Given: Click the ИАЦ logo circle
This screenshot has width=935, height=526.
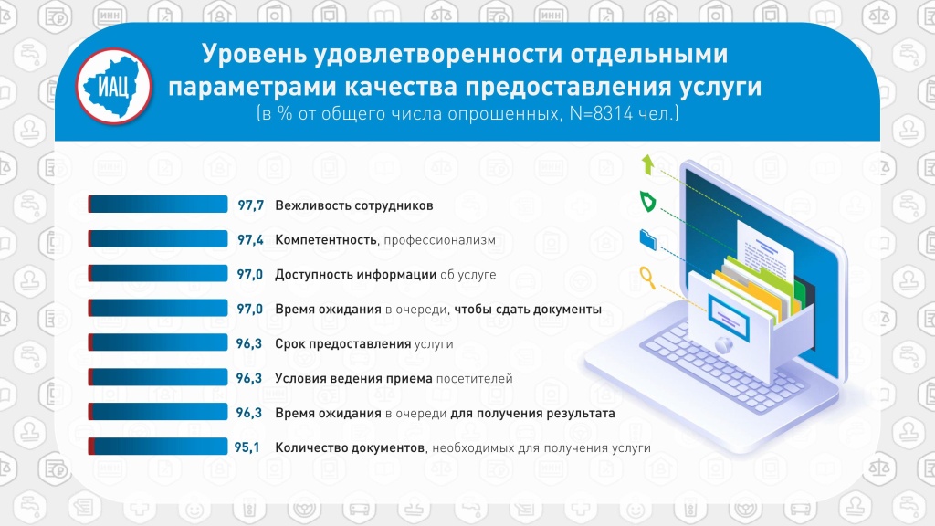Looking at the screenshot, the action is point(113,87).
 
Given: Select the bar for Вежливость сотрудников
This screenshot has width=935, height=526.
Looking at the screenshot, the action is point(158,205).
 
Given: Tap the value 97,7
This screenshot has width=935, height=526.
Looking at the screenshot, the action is point(250,205).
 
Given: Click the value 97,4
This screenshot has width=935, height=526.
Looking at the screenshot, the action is point(250,240).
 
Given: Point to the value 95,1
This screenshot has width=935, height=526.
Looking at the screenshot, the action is point(247,447).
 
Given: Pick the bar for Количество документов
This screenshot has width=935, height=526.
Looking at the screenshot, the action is point(158,446).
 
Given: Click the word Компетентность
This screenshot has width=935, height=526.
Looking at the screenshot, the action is point(326,240).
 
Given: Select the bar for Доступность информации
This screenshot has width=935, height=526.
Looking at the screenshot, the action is point(158,274).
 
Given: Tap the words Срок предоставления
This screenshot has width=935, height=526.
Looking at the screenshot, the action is point(343,344).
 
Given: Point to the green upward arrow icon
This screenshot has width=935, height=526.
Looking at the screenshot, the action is point(647,164).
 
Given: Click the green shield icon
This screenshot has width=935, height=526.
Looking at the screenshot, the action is point(647,202).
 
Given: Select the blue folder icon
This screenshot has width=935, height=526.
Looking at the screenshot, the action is point(647,239).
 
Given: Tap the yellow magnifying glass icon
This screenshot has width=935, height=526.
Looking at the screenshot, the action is point(647,278).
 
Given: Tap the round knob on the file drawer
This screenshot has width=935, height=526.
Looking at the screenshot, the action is point(723,344).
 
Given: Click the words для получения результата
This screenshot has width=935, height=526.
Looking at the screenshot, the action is point(532,414).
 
